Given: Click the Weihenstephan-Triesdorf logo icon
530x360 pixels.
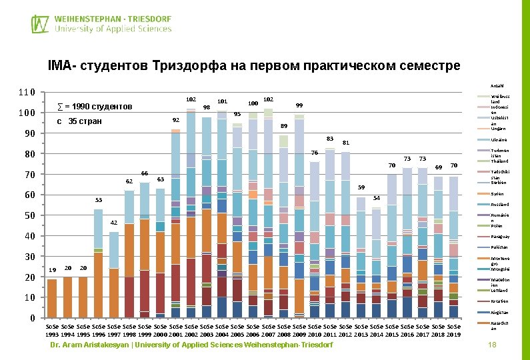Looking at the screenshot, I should point(40,24).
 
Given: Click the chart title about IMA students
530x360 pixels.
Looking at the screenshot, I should point(254,66).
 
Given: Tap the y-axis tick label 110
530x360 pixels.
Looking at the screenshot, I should point(27,93).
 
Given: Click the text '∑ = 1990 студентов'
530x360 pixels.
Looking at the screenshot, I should point(95,107).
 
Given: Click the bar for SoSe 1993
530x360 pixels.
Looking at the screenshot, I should point(52,298).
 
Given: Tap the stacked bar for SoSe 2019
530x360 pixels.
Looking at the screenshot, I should point(453,247).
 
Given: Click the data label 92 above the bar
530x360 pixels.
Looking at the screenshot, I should point(176,120).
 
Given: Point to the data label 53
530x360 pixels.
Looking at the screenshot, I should point(98,200).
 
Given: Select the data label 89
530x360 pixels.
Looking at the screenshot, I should point(284,126).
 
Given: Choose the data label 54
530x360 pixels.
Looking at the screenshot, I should point(376,198).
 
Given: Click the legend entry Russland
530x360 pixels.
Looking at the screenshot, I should point(499,204).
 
